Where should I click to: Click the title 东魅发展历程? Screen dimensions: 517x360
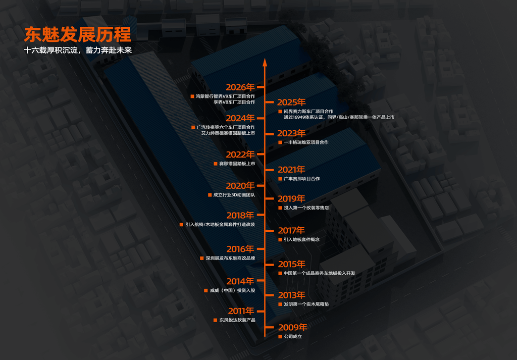tap(78, 34)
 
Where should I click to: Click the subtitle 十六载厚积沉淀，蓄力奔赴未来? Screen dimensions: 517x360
tap(78, 50)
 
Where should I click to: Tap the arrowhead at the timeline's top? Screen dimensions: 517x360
tap(265, 62)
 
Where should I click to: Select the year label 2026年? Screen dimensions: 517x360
tap(240, 87)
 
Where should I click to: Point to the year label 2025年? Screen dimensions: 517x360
tap(291, 102)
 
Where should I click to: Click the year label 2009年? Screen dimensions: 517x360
tap(292, 327)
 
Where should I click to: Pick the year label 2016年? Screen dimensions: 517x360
tap(240, 249)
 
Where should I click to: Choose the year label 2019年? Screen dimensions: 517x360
tap(291, 199)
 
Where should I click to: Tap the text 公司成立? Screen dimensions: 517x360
tap(293, 337)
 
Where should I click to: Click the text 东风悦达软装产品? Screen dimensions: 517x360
tap(237, 320)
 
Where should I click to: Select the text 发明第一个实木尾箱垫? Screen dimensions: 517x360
tap(306, 304)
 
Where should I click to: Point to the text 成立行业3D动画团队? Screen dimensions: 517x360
tap(234, 195)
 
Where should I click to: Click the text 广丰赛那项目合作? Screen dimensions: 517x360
tap(302, 179)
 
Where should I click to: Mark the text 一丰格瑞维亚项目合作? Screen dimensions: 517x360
tap(306, 142)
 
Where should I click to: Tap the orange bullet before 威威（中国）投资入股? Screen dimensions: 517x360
tap(206, 291)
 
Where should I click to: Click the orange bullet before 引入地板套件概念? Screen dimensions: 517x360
tap(280, 240)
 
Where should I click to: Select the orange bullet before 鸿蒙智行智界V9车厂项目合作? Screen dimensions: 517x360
tap(192, 96)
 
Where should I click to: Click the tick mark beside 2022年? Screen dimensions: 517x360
tap(261, 154)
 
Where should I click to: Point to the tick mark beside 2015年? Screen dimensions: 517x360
tap(269, 264)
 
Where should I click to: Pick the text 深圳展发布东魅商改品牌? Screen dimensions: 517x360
tap(230, 258)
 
